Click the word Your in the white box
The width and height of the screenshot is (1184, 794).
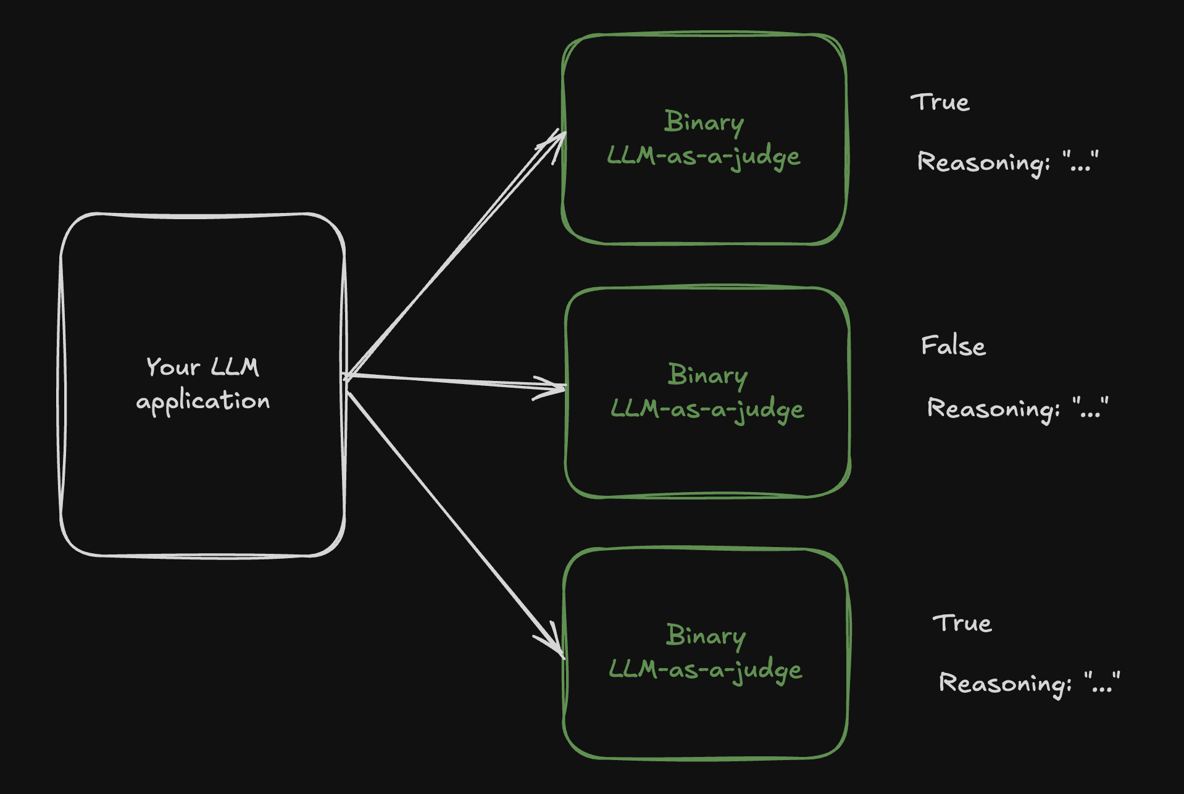click(173, 367)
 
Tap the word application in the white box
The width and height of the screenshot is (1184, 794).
click(203, 402)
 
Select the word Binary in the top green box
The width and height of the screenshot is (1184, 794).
click(704, 122)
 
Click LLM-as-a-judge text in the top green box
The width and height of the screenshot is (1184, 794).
click(704, 156)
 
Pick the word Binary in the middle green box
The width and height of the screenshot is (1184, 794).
click(708, 375)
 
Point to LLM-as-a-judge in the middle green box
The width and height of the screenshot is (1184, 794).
click(707, 409)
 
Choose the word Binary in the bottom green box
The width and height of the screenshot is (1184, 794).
click(706, 636)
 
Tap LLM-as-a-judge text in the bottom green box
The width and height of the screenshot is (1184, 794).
click(706, 670)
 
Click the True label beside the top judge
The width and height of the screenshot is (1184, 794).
click(940, 102)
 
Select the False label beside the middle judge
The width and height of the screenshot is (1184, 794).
click(954, 346)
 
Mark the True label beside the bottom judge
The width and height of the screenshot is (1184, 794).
click(962, 624)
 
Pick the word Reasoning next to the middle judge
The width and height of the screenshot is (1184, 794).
click(993, 409)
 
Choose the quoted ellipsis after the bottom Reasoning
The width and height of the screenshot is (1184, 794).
click(1102, 683)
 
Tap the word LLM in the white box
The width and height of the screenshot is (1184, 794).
click(235, 367)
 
